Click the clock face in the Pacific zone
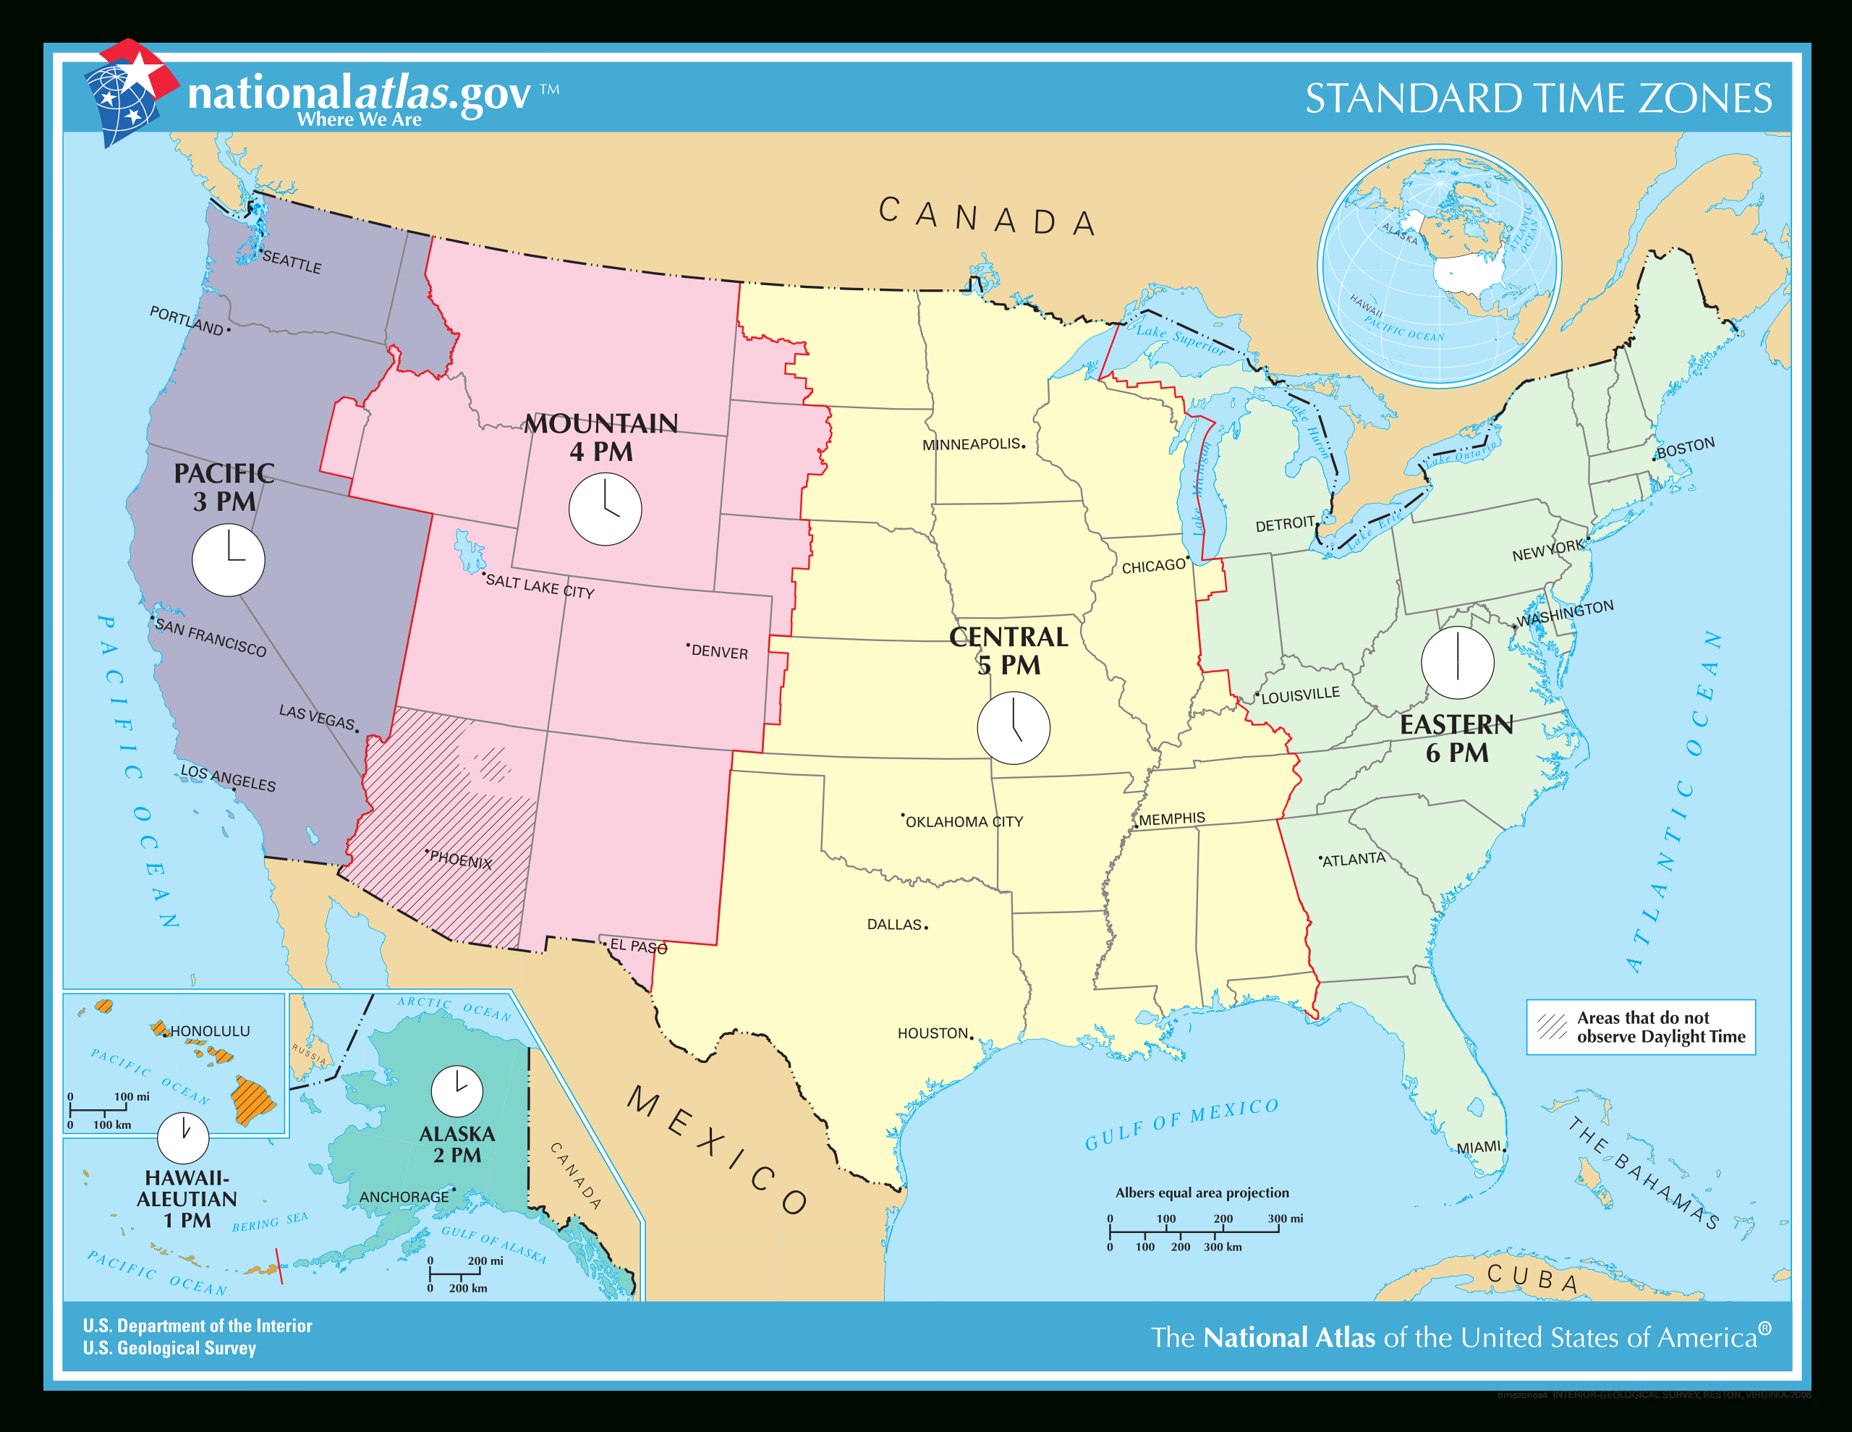coord(228,560)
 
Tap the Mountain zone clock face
coord(605,509)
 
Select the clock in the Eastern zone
coord(1457,663)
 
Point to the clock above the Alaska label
coord(457,1091)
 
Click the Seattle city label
coord(292,262)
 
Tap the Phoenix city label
coord(460,860)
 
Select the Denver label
coord(719,651)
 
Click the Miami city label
coord(1479,1147)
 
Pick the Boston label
coord(1685,448)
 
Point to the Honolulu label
coord(210,1030)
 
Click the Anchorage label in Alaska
coord(404,1196)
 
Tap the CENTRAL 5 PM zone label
coord(1008,651)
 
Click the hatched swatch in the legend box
coord(1552,1027)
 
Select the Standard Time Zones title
coord(1537,98)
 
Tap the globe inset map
coord(1439,266)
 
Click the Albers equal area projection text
coord(1202,1192)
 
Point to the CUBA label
coord(1532,1279)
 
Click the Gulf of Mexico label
coord(1181,1122)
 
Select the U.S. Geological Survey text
coord(169,1348)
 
